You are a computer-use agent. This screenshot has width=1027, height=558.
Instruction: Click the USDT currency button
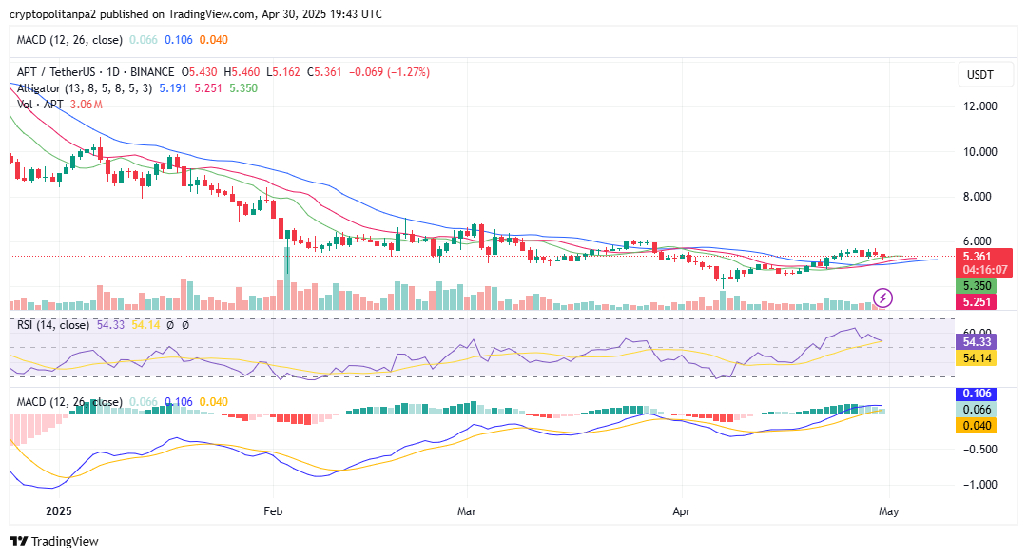pos(979,75)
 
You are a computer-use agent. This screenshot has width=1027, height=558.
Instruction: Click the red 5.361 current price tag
pos(979,257)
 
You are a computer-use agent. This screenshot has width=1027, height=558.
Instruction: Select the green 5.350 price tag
pos(979,286)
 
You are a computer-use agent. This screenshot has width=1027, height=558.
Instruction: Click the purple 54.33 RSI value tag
pos(979,341)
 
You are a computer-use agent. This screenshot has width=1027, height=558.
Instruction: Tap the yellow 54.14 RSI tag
pos(979,358)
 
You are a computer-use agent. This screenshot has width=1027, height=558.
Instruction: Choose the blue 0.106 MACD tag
pos(979,394)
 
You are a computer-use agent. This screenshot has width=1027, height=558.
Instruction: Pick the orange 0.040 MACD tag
pos(979,424)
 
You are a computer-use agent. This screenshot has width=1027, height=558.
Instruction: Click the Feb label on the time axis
pos(274,511)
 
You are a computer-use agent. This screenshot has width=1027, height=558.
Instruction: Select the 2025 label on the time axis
pos(59,511)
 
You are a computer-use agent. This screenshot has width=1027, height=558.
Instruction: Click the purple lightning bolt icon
pos(882,298)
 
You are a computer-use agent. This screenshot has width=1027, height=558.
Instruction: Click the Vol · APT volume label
pos(40,105)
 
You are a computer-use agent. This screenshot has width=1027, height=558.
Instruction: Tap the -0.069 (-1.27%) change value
pos(390,72)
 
